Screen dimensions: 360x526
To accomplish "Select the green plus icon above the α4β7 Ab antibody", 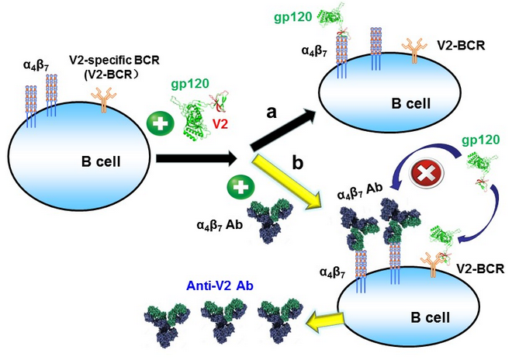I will [238, 186].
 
